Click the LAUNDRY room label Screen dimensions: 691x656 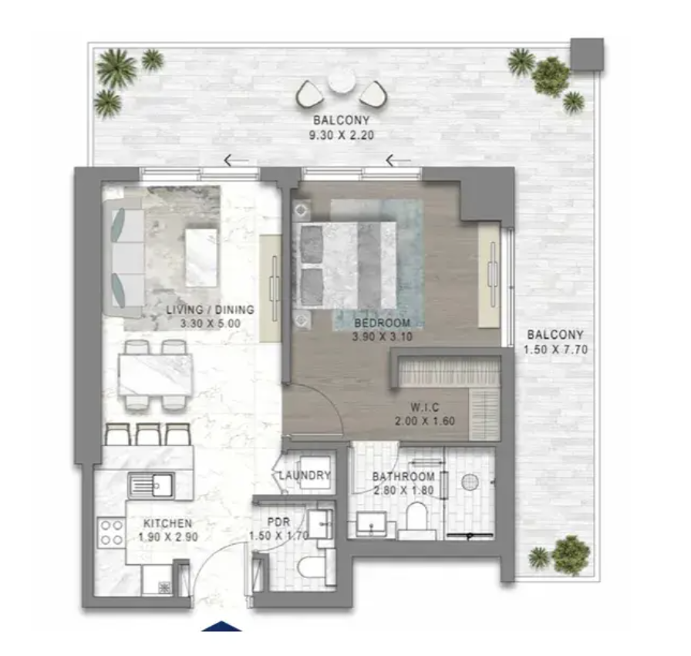[305, 475]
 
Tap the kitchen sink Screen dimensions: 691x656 [150, 485]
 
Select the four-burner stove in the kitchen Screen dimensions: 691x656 [112, 533]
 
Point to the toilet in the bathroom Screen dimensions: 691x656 [416, 520]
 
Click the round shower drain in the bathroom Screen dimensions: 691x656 [470, 482]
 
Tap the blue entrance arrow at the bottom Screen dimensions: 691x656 [221, 626]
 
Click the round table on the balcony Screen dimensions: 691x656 [342, 82]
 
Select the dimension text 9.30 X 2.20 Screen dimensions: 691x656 [342, 135]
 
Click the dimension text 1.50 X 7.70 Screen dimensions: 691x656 [555, 350]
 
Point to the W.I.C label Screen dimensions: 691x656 [425, 407]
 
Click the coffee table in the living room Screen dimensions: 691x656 [201, 258]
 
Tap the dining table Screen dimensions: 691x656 [155, 375]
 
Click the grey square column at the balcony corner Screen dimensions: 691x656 [587, 54]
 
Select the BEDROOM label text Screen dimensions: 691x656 [382, 323]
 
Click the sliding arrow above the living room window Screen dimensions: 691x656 [236, 161]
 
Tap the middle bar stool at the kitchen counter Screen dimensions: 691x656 [148, 435]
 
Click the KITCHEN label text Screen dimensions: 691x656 [168, 523]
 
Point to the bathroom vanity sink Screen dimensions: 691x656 [372, 524]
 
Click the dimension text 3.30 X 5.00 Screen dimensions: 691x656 [211, 323]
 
